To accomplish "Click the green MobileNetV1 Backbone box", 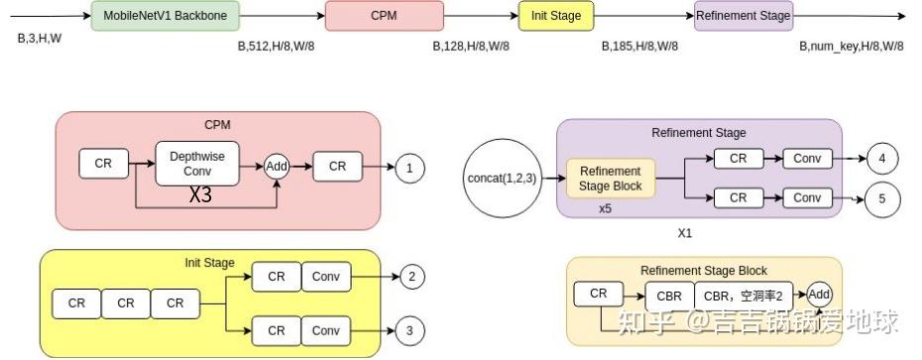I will (152, 16).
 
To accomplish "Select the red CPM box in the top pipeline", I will (377, 16).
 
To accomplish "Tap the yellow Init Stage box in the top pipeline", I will (556, 16).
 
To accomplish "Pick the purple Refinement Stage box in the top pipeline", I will (744, 16).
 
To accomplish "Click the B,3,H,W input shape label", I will (40, 39).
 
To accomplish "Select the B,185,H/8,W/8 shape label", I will (640, 46).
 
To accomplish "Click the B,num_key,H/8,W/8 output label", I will (852, 46).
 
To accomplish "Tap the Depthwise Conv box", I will (197, 164).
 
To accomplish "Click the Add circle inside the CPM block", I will (277, 166).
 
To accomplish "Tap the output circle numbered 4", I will (881, 158).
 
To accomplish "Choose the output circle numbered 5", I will (881, 198).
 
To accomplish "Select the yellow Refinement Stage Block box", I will (610, 179).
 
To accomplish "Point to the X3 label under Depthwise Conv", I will (200, 195).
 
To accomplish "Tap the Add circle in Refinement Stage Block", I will (820, 295).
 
